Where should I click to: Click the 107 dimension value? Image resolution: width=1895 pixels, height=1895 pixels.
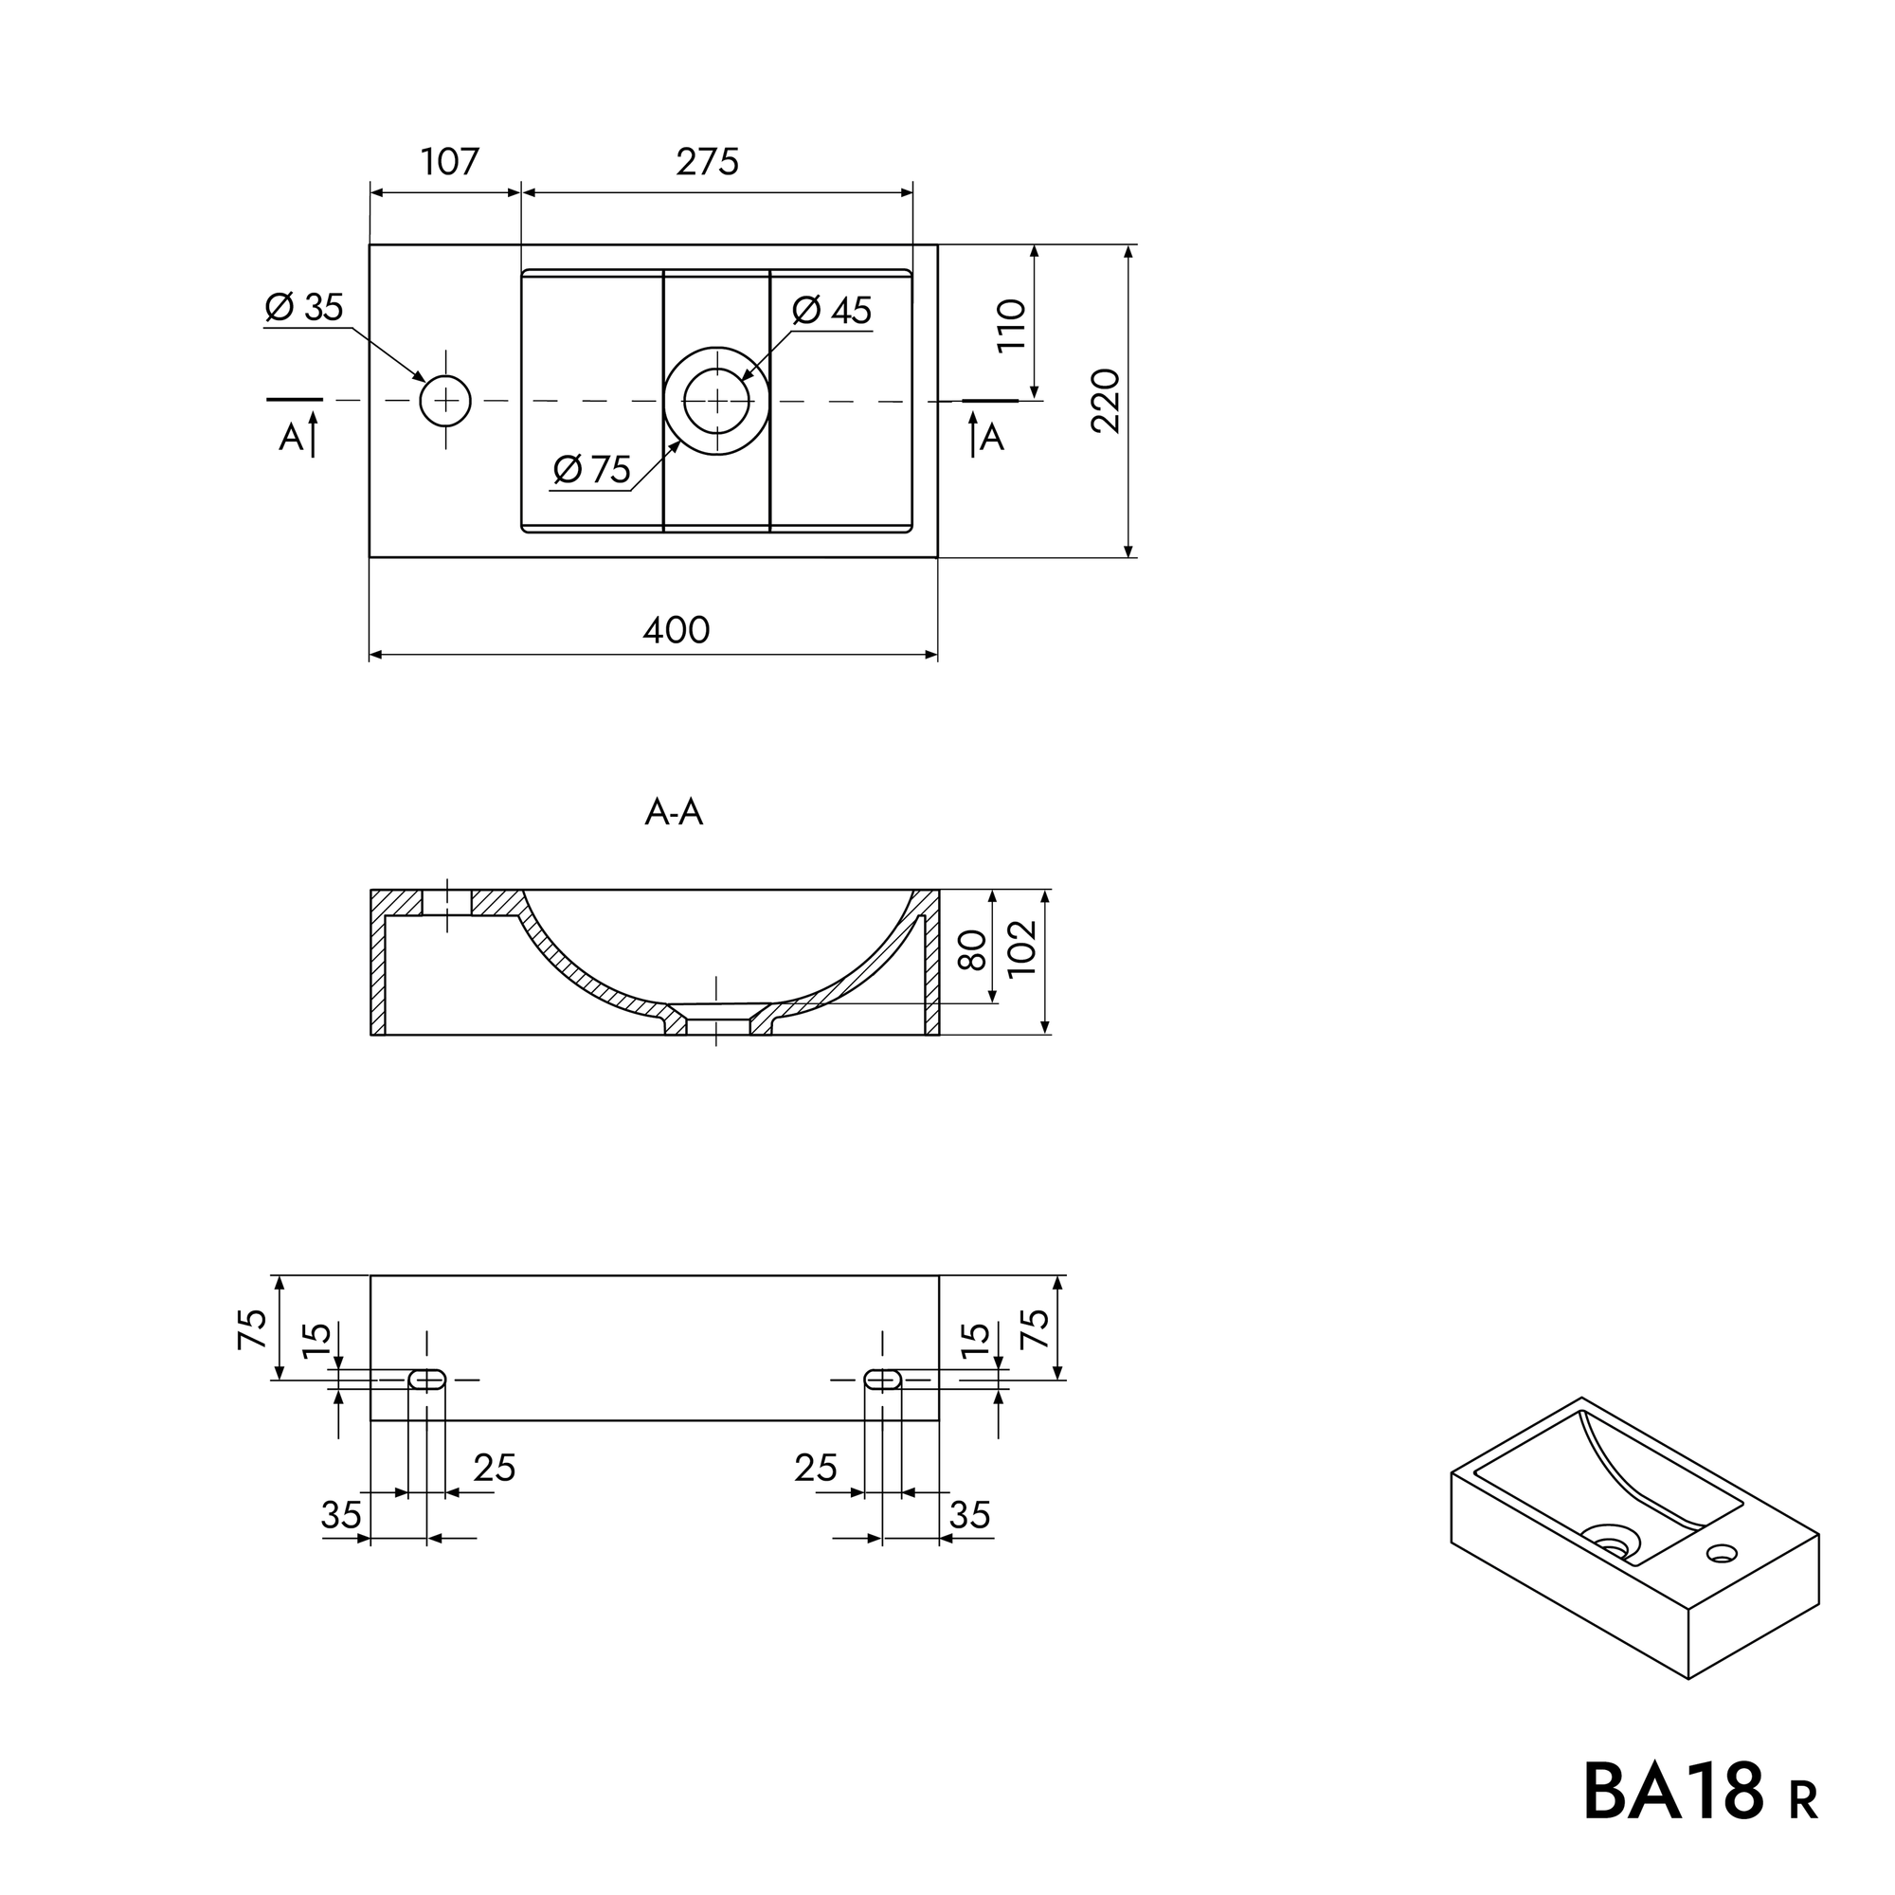click(x=450, y=162)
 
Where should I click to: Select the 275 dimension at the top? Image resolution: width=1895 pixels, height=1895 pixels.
click(x=707, y=162)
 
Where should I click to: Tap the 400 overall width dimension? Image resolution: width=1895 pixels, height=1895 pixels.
click(x=676, y=630)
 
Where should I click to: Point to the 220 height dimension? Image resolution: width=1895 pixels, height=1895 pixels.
click(x=1106, y=400)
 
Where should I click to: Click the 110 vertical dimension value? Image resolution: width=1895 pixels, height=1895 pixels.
click(x=1011, y=325)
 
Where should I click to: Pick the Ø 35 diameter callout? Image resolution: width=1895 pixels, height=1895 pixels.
click(x=304, y=308)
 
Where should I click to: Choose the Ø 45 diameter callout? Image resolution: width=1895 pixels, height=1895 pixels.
click(x=832, y=311)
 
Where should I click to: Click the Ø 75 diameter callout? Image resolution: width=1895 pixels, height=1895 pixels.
click(x=591, y=470)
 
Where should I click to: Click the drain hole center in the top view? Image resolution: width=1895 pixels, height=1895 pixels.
click(x=717, y=401)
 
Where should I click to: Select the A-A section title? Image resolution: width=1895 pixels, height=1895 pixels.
click(x=674, y=812)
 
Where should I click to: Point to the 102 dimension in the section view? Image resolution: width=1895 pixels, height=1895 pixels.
click(x=1021, y=947)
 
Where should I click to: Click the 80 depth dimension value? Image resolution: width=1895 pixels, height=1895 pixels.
click(x=972, y=950)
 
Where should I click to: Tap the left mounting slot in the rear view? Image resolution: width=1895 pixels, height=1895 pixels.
click(x=426, y=1379)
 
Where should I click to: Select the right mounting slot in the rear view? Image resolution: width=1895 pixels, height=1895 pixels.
click(x=883, y=1379)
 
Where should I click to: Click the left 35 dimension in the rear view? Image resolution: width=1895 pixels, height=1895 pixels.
click(x=341, y=1515)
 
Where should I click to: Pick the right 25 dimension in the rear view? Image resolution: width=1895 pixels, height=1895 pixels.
click(x=816, y=1468)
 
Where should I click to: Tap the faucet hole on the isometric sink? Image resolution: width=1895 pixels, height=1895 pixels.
click(x=1723, y=1553)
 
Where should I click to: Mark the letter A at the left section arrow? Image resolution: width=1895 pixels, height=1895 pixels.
click(x=291, y=438)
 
